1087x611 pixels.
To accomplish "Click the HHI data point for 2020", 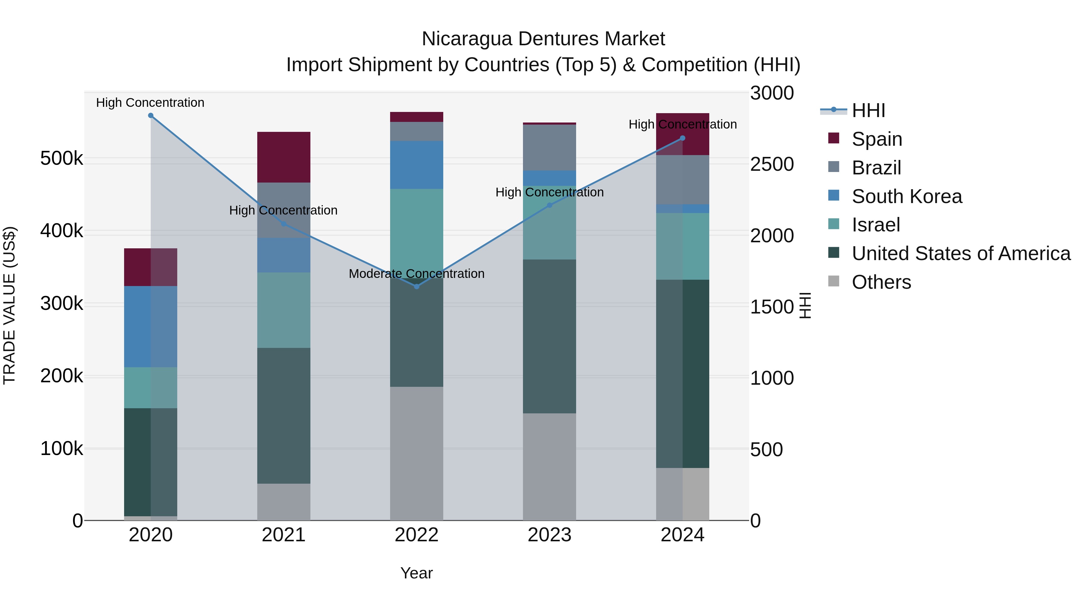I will coord(151,116).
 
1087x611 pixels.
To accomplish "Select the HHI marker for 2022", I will coord(416,286).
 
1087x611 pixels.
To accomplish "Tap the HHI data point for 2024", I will coord(682,138).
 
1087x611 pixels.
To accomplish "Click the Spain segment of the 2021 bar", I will coord(284,157).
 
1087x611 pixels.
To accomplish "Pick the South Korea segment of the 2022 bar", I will coord(416,164).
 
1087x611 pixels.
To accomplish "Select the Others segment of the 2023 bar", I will coord(550,466).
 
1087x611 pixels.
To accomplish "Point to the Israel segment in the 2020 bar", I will coord(151,387).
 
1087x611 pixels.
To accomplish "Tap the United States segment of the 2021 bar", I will coord(284,415).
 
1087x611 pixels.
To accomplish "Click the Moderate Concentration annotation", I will coord(416,274).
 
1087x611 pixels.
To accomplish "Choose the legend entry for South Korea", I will coord(906,196).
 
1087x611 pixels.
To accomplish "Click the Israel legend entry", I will coord(876,225).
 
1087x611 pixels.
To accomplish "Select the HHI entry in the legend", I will coord(868,110).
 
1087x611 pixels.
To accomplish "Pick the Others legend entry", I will coord(881,282).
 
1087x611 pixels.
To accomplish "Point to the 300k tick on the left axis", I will coord(62,304).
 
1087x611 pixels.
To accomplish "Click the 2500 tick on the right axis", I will coord(772,164).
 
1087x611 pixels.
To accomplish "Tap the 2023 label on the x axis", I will coord(550,535).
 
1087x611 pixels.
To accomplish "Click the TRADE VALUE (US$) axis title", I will coord(10,305).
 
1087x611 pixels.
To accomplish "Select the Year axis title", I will coord(416,573).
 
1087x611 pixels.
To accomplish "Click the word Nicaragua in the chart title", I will coord(467,39).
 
